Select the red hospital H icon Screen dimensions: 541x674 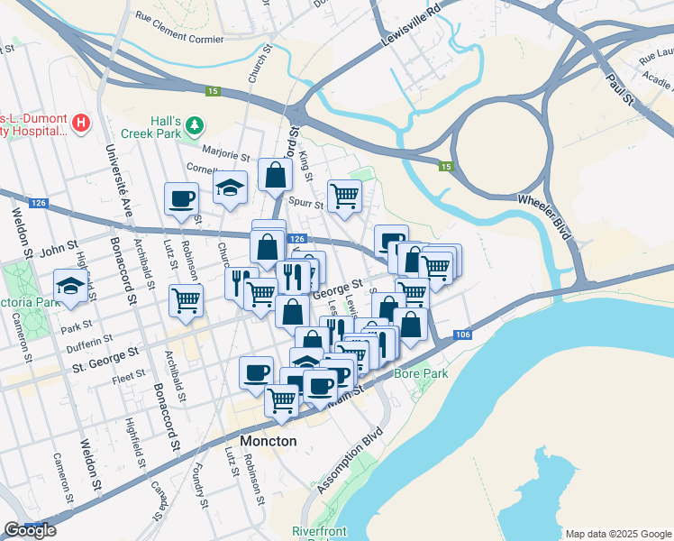(x=81, y=122)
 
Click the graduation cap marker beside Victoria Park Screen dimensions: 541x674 (x=69, y=285)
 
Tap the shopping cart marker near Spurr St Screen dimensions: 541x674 (x=344, y=195)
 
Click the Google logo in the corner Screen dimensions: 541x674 (x=30, y=530)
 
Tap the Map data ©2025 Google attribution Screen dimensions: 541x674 (x=617, y=534)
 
